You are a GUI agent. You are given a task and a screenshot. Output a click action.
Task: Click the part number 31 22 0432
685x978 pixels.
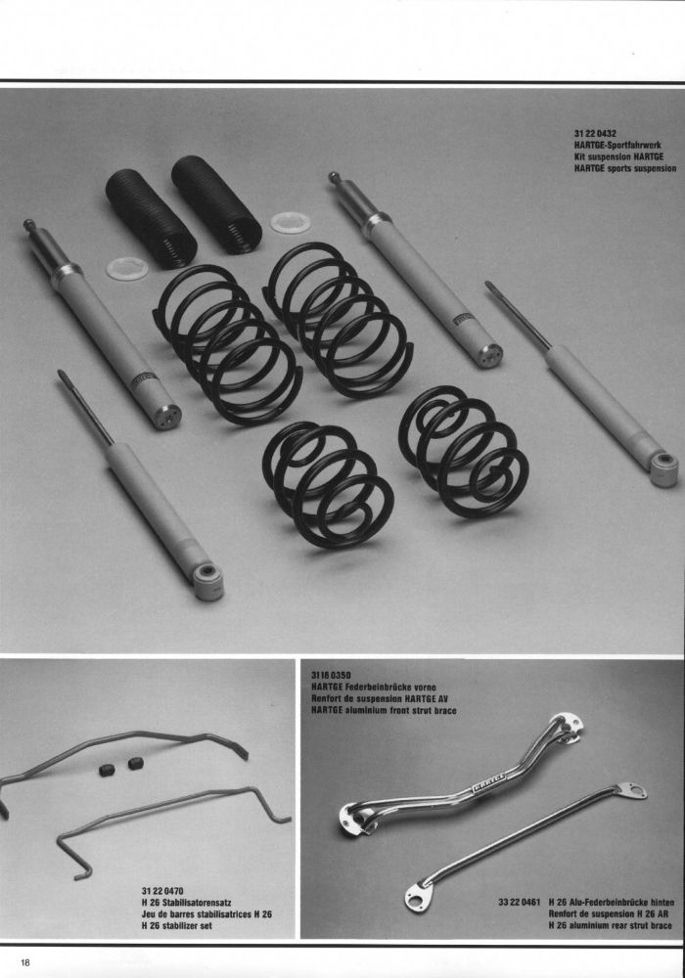pos(595,133)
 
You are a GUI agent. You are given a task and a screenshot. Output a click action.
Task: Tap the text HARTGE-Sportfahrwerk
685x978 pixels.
pos(617,145)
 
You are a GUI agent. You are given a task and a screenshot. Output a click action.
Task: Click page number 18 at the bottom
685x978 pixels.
pos(25,962)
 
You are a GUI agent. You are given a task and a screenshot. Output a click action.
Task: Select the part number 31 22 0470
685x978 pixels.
pos(162,891)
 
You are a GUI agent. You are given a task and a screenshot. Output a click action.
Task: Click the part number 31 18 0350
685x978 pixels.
pos(331,675)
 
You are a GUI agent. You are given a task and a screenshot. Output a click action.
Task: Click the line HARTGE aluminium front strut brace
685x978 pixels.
pos(383,710)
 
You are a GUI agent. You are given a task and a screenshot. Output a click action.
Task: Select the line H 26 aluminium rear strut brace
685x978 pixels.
pos(610,925)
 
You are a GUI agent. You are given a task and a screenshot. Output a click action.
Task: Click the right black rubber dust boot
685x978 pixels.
pos(216,203)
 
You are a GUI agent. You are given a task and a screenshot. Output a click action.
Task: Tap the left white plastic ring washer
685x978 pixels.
pos(127,269)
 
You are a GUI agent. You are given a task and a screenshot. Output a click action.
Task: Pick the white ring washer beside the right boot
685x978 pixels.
pos(292,222)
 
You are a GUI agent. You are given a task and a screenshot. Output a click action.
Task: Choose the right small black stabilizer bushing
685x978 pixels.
pos(135,763)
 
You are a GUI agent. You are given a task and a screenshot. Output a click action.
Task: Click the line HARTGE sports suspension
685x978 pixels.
pos(624,168)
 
